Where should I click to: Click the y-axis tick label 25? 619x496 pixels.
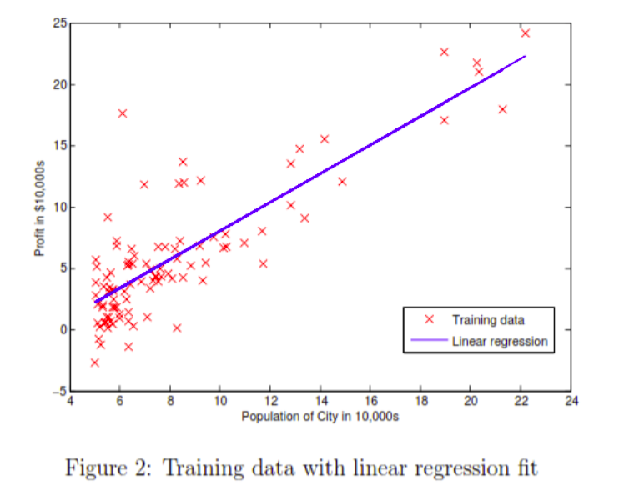coord(59,23)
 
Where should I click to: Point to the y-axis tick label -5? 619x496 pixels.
coord(59,390)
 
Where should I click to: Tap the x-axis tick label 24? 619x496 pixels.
coord(570,401)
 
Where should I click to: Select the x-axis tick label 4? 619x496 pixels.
coord(70,401)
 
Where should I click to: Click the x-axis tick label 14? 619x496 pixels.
coord(320,401)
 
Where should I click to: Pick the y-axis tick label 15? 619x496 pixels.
coord(59,146)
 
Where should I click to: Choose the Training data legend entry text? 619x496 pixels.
coord(488,319)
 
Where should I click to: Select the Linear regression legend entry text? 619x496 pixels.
coord(500,340)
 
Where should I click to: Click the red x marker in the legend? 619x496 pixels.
coord(429,319)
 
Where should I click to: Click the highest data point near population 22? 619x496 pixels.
coord(525,33)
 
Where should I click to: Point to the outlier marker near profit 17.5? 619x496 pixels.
coord(123,113)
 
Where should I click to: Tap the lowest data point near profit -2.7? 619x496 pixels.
coord(94,363)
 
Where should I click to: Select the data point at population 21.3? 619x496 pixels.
coord(502,109)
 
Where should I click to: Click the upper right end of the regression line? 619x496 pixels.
coord(525,57)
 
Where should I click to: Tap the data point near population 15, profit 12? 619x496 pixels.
coord(341,181)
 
